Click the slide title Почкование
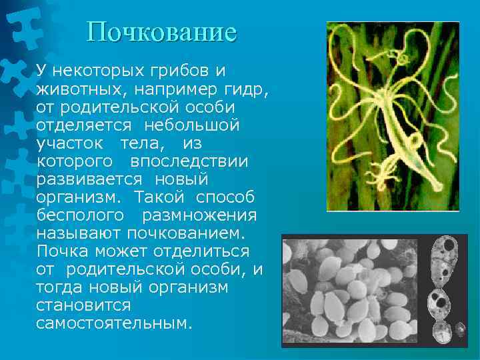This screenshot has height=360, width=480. [162, 31]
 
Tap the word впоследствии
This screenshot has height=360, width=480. [189, 161]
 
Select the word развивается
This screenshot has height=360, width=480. [89, 179]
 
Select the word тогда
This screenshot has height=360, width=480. [61, 287]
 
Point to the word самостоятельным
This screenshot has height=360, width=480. [114, 323]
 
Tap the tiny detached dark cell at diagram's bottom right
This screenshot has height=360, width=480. [459, 328]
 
